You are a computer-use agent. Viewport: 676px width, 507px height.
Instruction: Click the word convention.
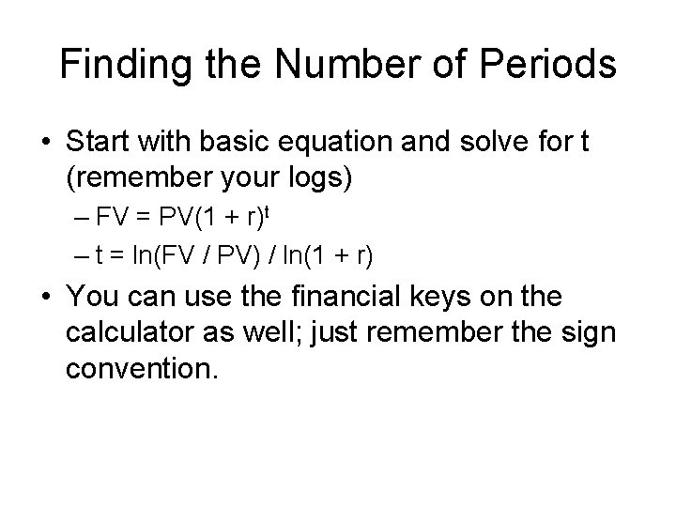tap(141, 369)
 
